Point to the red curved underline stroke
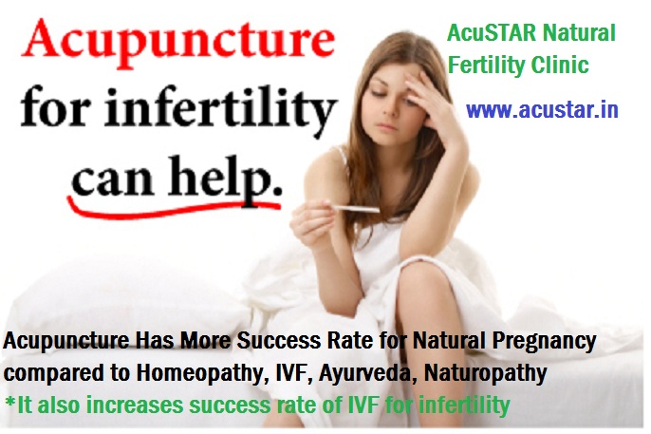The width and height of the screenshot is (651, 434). (174, 208)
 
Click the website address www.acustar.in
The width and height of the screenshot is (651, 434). (542, 110)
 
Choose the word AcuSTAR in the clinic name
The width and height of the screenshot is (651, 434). (492, 33)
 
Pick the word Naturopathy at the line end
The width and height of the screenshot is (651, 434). (485, 374)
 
